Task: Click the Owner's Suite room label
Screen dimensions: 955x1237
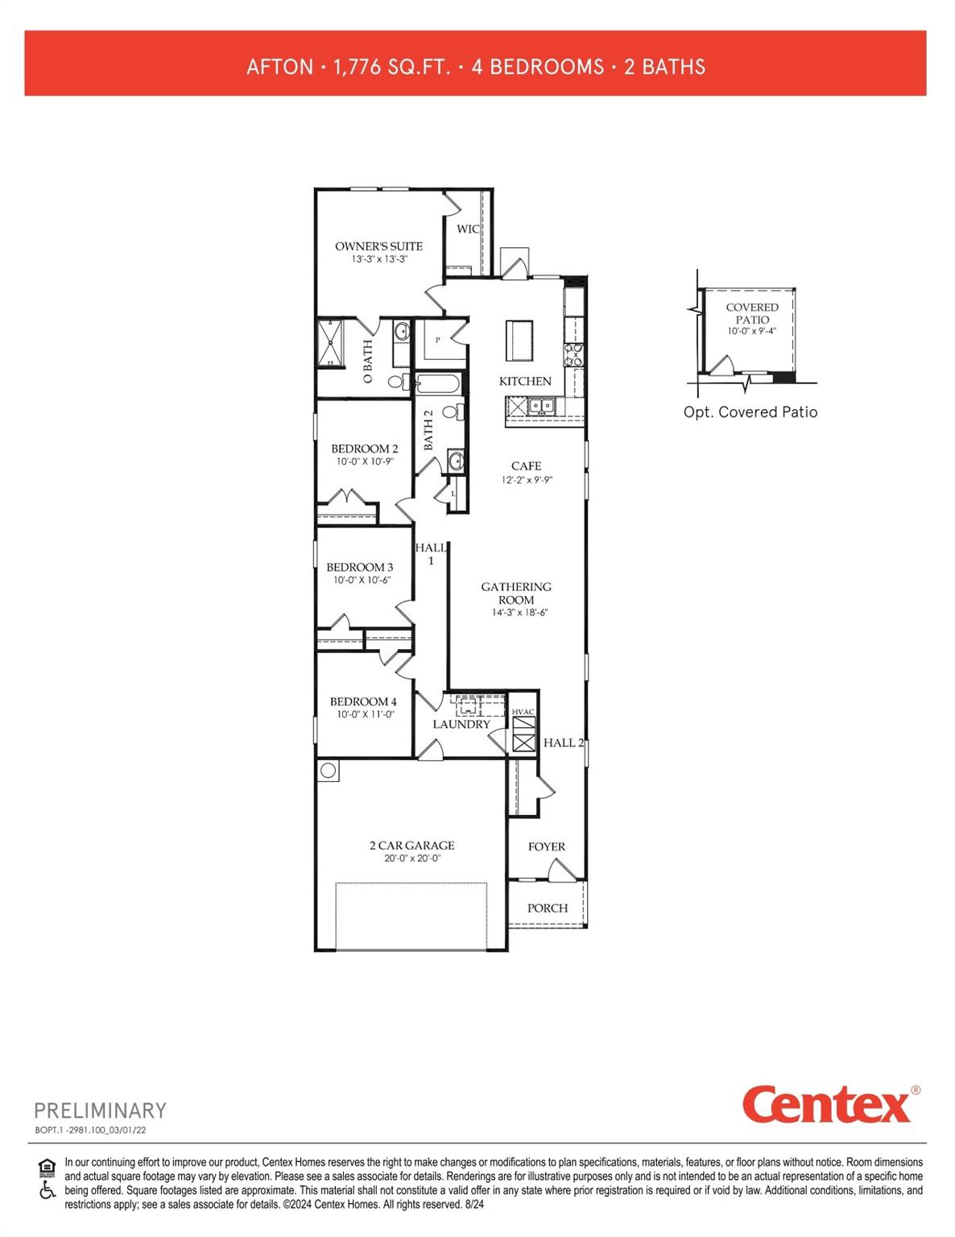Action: tap(378, 246)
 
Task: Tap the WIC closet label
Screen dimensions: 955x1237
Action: tap(468, 229)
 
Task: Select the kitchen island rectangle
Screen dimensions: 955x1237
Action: tap(519, 340)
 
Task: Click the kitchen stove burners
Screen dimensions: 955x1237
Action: tap(574, 355)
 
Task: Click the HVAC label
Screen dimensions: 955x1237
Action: tap(523, 712)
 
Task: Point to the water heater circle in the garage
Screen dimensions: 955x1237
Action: tap(329, 771)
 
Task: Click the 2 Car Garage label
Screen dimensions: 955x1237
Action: tap(411, 846)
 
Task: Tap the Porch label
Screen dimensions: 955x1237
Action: tap(548, 908)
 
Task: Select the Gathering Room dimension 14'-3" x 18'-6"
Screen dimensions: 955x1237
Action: tap(519, 613)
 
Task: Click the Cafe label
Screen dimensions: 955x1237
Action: tap(526, 465)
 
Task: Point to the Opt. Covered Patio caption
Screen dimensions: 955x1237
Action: tap(750, 412)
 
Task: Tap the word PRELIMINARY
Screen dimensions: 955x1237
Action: tap(100, 1111)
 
